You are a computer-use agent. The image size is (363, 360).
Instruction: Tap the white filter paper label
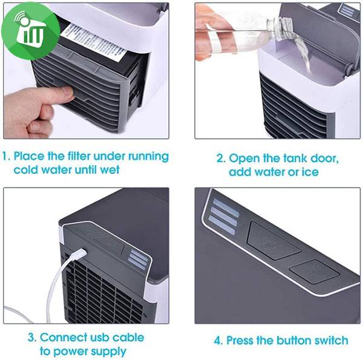(x=94, y=42)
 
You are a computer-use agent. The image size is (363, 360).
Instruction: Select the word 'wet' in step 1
(x=110, y=170)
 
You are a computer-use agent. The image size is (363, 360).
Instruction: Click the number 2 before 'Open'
(x=220, y=159)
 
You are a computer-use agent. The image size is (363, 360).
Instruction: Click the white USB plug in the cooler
(x=79, y=254)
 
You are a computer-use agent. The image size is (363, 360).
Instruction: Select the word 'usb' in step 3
(x=102, y=338)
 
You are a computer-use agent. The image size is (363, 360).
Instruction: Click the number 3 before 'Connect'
(x=31, y=338)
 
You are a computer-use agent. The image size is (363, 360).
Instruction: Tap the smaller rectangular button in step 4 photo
(x=314, y=271)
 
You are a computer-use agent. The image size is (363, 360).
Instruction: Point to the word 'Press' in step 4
(x=240, y=341)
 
